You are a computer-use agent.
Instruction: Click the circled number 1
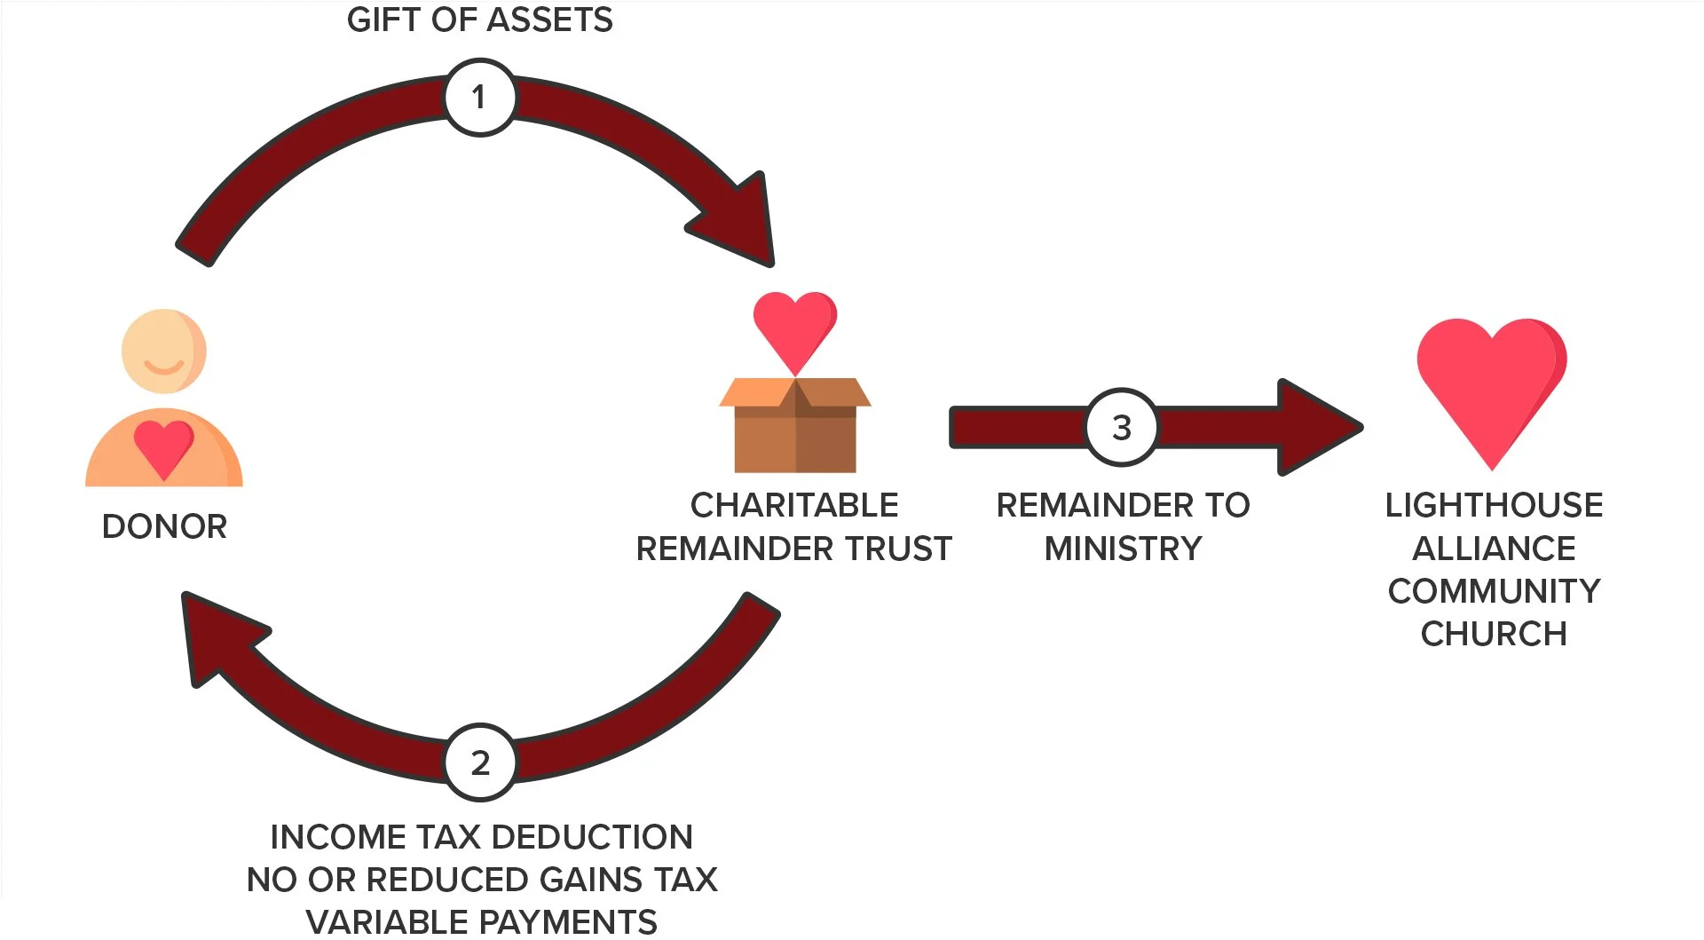point(479,97)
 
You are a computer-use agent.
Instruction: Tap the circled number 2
point(480,762)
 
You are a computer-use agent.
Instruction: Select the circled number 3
point(1122,428)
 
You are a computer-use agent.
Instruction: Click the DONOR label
point(165,526)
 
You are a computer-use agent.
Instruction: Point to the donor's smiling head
point(164,352)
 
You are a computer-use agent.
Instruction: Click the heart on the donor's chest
point(164,447)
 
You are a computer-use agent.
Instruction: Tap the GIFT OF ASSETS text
point(479,20)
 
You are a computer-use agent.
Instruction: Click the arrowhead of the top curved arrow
point(741,222)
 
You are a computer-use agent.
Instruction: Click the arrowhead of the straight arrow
point(1318,428)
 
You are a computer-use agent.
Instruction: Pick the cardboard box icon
point(795,426)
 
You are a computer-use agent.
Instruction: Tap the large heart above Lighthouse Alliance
point(1491,382)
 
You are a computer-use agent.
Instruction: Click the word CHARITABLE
point(794,505)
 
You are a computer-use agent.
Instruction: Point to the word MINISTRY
point(1123,549)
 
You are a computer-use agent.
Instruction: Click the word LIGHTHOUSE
point(1494,505)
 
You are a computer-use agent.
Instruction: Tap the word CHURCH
point(1494,634)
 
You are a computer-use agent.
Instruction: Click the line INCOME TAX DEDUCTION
point(481,837)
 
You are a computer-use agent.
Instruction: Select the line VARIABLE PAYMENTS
point(481,922)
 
